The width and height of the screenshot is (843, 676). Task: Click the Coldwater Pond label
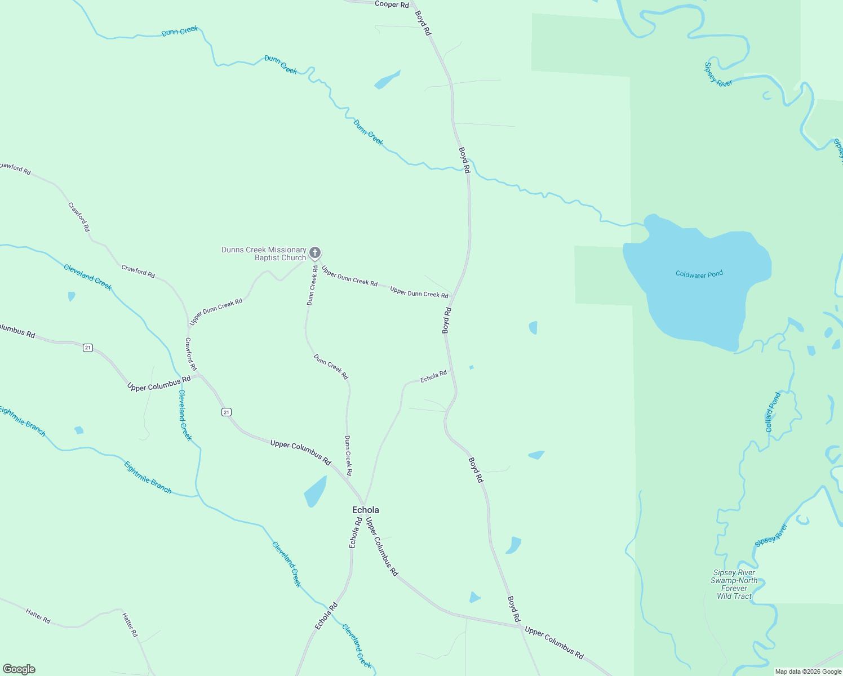coord(699,274)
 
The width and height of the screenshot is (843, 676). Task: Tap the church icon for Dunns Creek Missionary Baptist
coord(315,253)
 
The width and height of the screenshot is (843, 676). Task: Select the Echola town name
coord(365,510)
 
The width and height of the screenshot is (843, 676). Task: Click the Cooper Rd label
coord(392,5)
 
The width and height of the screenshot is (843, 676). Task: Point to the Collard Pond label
coord(773,412)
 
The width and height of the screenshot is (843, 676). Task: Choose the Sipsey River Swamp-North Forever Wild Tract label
coord(734,584)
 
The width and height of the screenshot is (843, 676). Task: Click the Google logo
coord(19,669)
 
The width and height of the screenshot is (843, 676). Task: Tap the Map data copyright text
coord(808,671)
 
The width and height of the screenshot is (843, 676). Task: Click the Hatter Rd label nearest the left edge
coord(38,616)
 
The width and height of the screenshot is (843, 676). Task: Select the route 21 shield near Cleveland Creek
coord(226,412)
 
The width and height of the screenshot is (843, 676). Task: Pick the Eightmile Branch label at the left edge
coord(23,421)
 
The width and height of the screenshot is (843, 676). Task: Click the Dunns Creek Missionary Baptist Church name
coord(264,253)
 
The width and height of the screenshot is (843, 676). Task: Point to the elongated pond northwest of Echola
coord(316,492)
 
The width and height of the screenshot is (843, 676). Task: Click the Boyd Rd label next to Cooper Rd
coord(423,23)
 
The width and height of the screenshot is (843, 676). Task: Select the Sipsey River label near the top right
coord(718,74)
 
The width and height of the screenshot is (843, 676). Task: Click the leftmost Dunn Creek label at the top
coord(180,32)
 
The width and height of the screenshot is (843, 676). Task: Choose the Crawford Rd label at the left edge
coord(16,168)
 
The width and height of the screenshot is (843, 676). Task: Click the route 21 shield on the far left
coord(87,348)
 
